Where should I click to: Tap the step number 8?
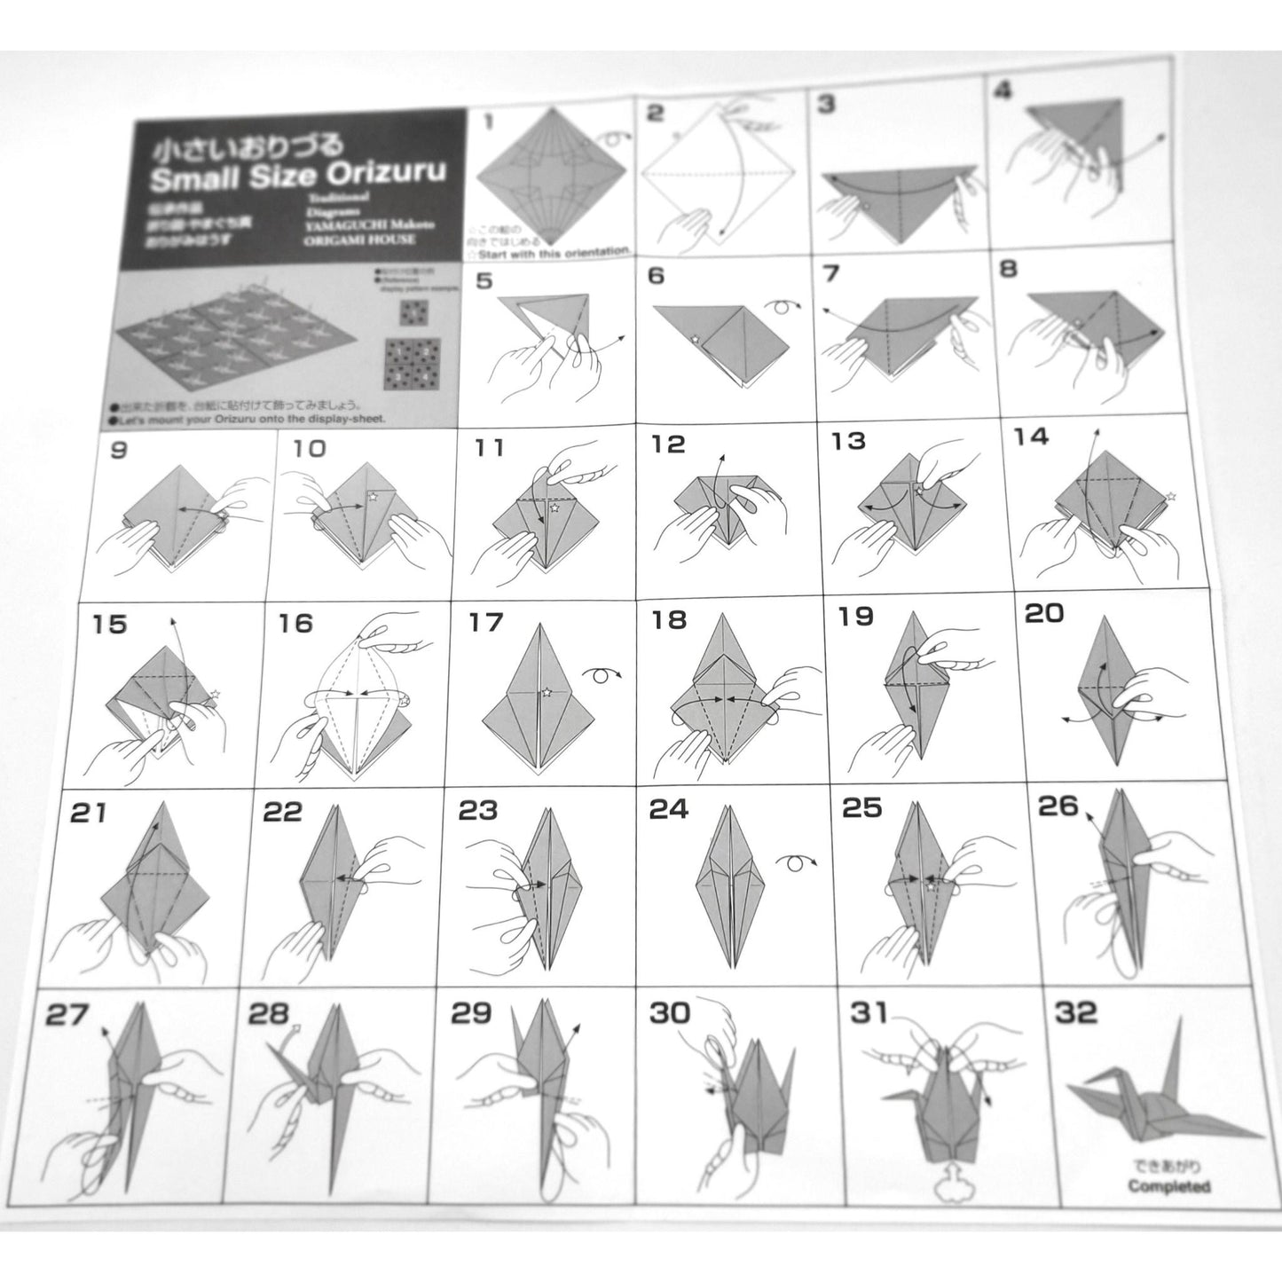(1009, 270)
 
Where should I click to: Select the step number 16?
(295, 624)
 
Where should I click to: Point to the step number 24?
(669, 809)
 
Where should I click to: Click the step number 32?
(1076, 1012)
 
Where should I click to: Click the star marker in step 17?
(547, 692)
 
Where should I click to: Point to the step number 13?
(848, 441)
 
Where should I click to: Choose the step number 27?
(67, 1015)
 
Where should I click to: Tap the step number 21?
(88, 812)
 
